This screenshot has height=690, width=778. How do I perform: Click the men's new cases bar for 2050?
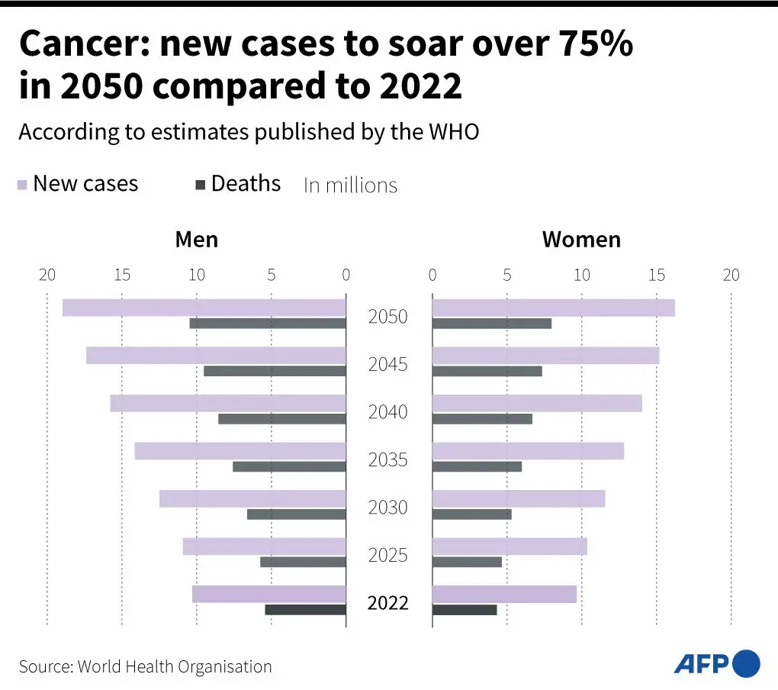pyautogui.click(x=204, y=308)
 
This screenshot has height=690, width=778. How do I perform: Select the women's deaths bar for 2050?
pyautogui.click(x=491, y=324)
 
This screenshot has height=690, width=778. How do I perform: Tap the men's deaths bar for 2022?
pyautogui.click(x=305, y=610)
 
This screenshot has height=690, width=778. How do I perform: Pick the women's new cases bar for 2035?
pyautogui.click(x=528, y=451)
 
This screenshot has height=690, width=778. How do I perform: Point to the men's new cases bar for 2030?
pyautogui.click(x=252, y=498)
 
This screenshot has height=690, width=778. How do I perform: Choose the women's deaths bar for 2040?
pyautogui.click(x=482, y=419)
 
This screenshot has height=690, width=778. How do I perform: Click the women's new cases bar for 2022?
pyautogui.click(x=504, y=594)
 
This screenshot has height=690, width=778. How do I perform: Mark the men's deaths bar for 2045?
pyautogui.click(x=275, y=372)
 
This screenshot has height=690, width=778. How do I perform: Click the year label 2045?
pyautogui.click(x=388, y=365)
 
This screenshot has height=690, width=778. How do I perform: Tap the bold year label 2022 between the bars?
pyautogui.click(x=388, y=603)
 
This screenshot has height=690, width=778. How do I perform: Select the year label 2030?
pyautogui.click(x=388, y=508)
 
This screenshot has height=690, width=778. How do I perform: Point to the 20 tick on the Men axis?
pyautogui.click(x=47, y=275)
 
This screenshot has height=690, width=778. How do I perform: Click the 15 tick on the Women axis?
pyautogui.click(x=657, y=275)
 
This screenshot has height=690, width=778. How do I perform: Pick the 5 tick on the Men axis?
pyautogui.click(x=272, y=275)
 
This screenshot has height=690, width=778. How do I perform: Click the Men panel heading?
pyautogui.click(x=196, y=240)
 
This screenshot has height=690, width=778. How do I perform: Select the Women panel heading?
pyautogui.click(x=581, y=240)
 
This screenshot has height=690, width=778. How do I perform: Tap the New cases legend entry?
pyautogui.click(x=78, y=184)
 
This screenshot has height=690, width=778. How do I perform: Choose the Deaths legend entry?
pyautogui.click(x=238, y=184)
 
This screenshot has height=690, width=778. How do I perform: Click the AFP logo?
pyautogui.click(x=716, y=663)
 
